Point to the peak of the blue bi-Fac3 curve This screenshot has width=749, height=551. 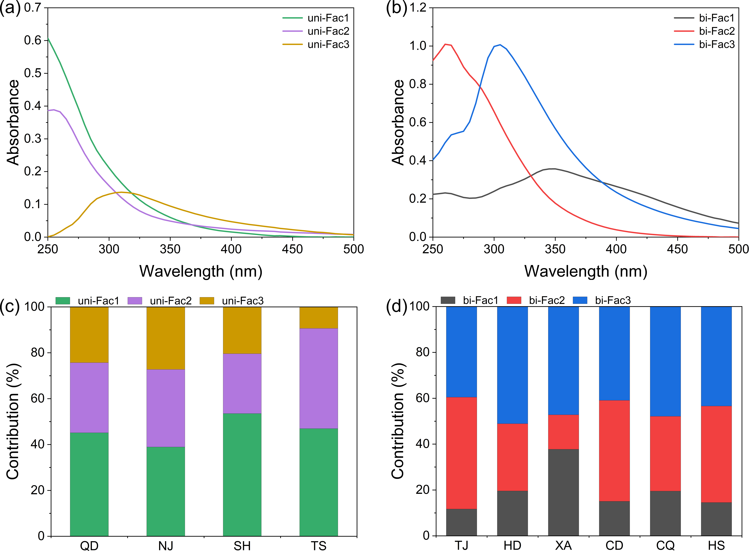coord(500,45)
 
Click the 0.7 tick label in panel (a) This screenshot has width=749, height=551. coord(33,7)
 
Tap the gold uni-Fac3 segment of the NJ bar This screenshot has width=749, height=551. coord(166,338)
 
